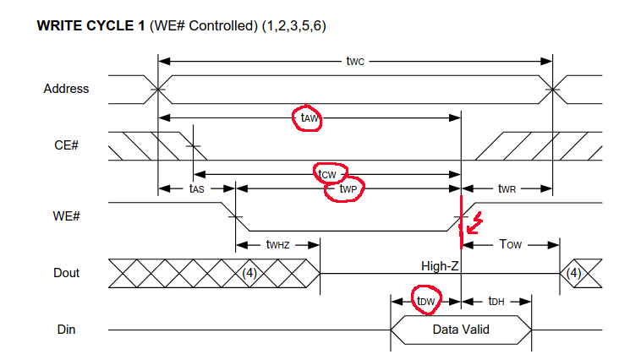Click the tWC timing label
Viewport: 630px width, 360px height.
click(356, 61)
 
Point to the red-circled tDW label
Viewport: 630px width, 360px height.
click(425, 300)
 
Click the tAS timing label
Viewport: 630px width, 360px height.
click(195, 189)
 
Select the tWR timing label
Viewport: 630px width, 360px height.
click(507, 189)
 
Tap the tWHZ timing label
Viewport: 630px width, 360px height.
click(277, 245)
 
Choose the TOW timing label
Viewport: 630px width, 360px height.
click(511, 244)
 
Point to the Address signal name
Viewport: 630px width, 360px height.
click(66, 88)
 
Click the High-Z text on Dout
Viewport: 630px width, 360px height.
click(440, 266)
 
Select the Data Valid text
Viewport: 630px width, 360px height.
click(461, 329)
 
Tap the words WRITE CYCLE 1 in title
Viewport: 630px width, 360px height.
click(91, 26)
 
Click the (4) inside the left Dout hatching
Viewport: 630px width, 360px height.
click(250, 272)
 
